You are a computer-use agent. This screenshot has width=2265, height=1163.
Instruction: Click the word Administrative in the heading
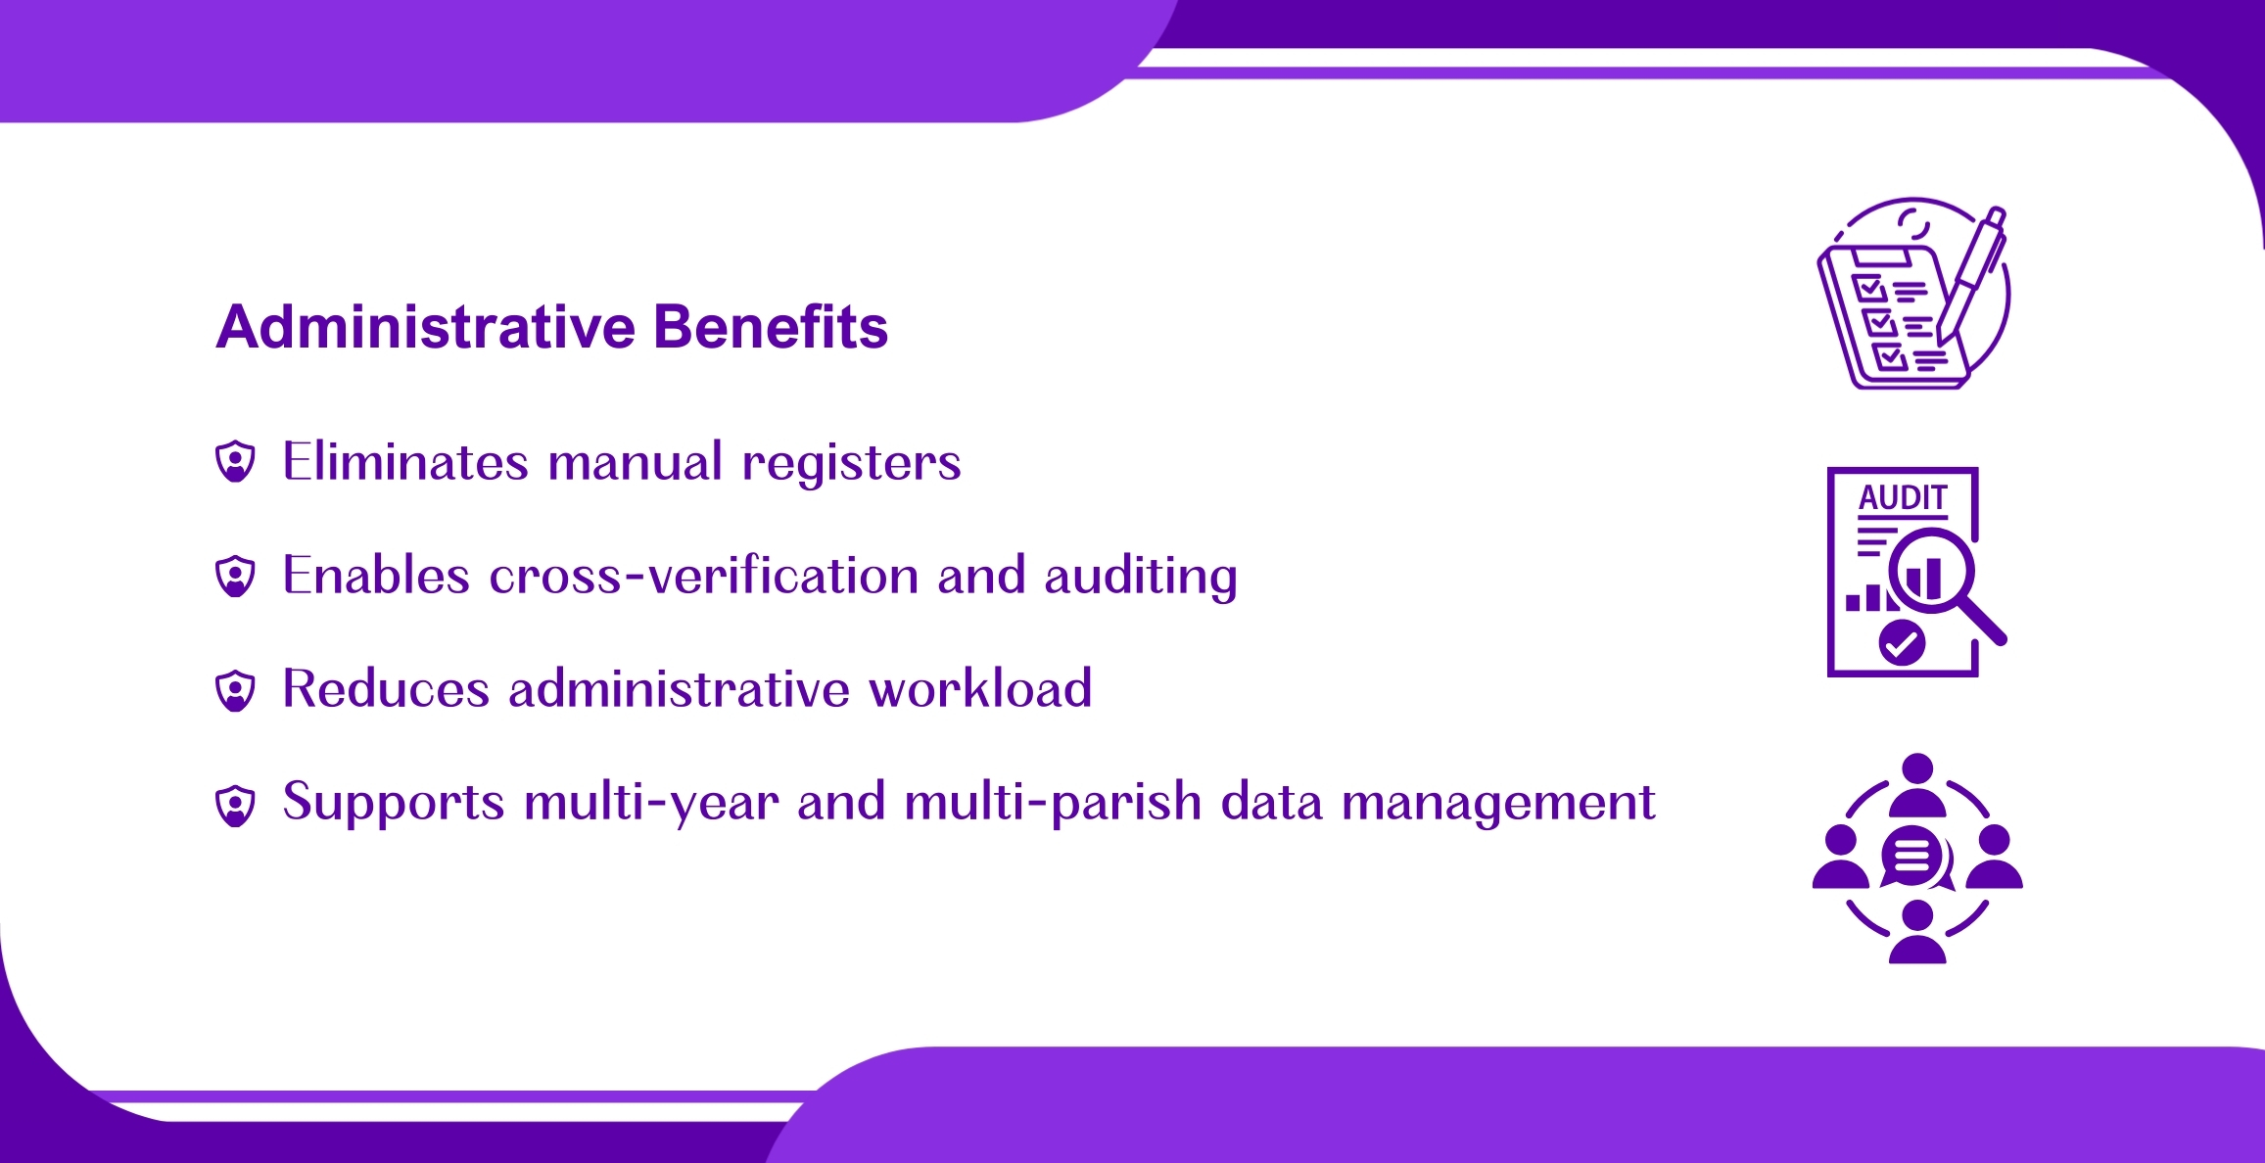click(426, 326)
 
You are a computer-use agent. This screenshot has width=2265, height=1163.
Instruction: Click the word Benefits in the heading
click(771, 326)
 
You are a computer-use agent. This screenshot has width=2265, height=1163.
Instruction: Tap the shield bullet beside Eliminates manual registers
click(235, 461)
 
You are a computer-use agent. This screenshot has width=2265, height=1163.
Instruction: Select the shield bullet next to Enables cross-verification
click(235, 576)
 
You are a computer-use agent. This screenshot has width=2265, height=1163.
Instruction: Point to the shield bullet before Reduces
click(235, 690)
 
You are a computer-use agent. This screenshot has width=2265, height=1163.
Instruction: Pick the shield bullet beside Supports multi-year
click(235, 805)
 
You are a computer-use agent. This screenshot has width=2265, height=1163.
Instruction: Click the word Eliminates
click(405, 461)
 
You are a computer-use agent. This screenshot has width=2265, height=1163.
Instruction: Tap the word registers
click(852, 463)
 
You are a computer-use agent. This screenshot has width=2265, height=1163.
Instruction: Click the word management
click(1498, 803)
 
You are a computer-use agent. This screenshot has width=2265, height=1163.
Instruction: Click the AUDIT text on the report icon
click(1903, 497)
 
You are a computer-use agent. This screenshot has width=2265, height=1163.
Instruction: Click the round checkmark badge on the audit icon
click(1902, 643)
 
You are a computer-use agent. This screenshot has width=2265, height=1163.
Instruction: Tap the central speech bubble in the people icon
click(1913, 857)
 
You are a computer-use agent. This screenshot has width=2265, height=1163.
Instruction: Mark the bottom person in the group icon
click(1917, 932)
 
